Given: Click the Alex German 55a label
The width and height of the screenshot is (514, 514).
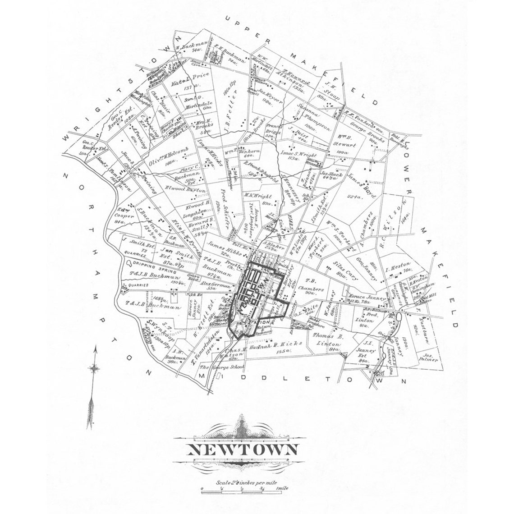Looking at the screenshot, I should (x=218, y=286).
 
